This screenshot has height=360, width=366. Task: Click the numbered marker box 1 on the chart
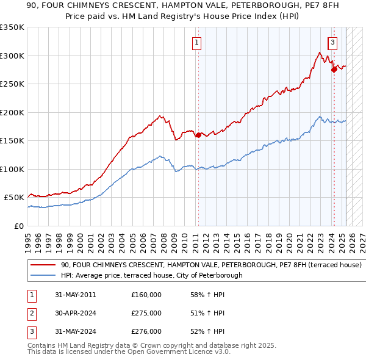tap(198, 43)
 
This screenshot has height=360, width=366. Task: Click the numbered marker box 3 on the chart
tap(332, 43)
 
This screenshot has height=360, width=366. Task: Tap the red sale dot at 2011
tap(198, 135)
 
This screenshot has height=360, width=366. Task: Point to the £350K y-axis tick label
tap(12, 27)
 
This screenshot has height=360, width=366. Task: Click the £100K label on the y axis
tap(12, 169)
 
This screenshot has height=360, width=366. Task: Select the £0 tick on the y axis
tap(19, 226)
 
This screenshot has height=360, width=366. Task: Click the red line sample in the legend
tap(43, 265)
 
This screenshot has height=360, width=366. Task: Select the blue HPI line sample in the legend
tap(43, 275)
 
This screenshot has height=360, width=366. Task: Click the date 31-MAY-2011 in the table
tap(74, 295)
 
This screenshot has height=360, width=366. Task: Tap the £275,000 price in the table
tap(146, 313)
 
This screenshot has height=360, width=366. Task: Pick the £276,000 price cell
tap(146, 331)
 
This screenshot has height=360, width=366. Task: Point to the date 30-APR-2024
tap(74, 313)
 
